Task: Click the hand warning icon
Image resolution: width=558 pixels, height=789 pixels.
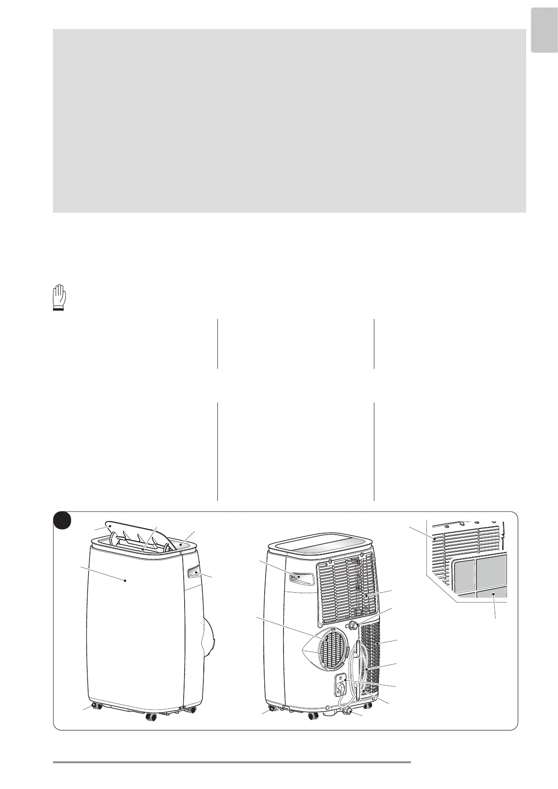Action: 59,298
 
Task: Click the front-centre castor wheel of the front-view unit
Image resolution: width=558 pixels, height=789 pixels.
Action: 151,716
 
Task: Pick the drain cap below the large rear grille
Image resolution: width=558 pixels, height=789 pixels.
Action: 353,625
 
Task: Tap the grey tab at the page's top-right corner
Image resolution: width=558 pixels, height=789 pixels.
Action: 544,37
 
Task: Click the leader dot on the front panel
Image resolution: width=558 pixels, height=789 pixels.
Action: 126,580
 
